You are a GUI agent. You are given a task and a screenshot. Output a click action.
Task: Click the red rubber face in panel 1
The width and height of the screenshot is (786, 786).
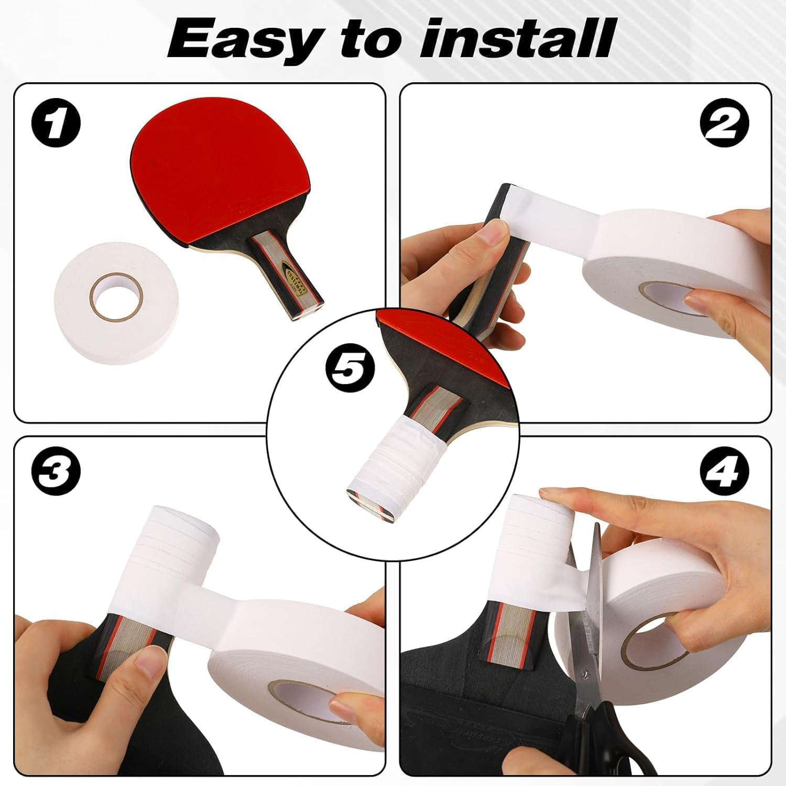point(210,173)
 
